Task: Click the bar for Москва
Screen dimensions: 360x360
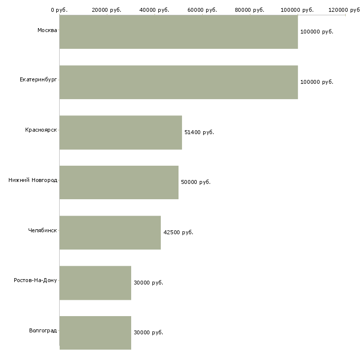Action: [x=179, y=32]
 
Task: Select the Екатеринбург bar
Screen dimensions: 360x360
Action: [x=179, y=82]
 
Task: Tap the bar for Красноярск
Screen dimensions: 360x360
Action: [x=121, y=132]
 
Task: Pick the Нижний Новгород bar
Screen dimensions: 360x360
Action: [x=119, y=182]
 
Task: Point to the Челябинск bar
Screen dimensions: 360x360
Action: [x=110, y=232]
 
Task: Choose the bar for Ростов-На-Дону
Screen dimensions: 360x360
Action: [x=95, y=283]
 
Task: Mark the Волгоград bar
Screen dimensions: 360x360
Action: [x=95, y=332]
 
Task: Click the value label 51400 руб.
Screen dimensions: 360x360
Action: [x=199, y=132]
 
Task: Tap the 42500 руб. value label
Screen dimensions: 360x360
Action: [x=178, y=232]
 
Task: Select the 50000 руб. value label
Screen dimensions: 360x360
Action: [x=196, y=182]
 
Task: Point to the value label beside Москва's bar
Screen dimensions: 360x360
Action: [x=317, y=32]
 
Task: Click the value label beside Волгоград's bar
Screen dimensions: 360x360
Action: [x=148, y=332]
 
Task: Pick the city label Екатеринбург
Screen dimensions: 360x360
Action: [x=38, y=79]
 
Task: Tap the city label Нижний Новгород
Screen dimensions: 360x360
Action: [x=33, y=180]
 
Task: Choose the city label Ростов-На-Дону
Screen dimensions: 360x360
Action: [x=36, y=280]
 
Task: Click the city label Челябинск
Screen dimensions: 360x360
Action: [x=42, y=230]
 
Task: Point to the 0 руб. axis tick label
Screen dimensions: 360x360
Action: [x=59, y=10]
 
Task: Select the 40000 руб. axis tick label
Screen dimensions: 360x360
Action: [x=155, y=10]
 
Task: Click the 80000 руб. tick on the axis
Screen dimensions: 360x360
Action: [x=250, y=10]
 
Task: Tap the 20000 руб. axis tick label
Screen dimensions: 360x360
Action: [x=107, y=10]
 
